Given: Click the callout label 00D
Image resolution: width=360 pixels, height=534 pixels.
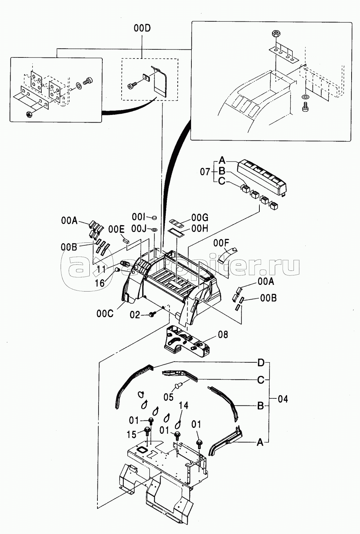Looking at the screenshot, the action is click(142, 28).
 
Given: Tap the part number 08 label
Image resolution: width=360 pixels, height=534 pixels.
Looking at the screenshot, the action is click(223, 335).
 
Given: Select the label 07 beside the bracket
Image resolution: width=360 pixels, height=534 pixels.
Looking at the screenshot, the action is click(205, 172).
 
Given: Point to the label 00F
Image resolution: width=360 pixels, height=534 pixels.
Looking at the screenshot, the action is click(221, 243).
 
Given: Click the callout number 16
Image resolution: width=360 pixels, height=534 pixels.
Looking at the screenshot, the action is click(100, 283).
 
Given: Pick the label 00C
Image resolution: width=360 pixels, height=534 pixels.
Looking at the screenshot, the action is click(105, 314).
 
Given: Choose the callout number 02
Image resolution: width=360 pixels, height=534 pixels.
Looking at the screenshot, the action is click(135, 315).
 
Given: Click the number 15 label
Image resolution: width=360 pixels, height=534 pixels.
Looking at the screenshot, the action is click(131, 434).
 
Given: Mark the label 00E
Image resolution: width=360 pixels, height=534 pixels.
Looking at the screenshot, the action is click(116, 230).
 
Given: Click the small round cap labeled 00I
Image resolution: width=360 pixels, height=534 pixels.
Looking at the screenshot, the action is click(154, 217).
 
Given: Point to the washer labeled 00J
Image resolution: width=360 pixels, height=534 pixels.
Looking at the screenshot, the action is click(154, 230).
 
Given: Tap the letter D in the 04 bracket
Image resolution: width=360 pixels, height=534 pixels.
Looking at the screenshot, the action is click(261, 363).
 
